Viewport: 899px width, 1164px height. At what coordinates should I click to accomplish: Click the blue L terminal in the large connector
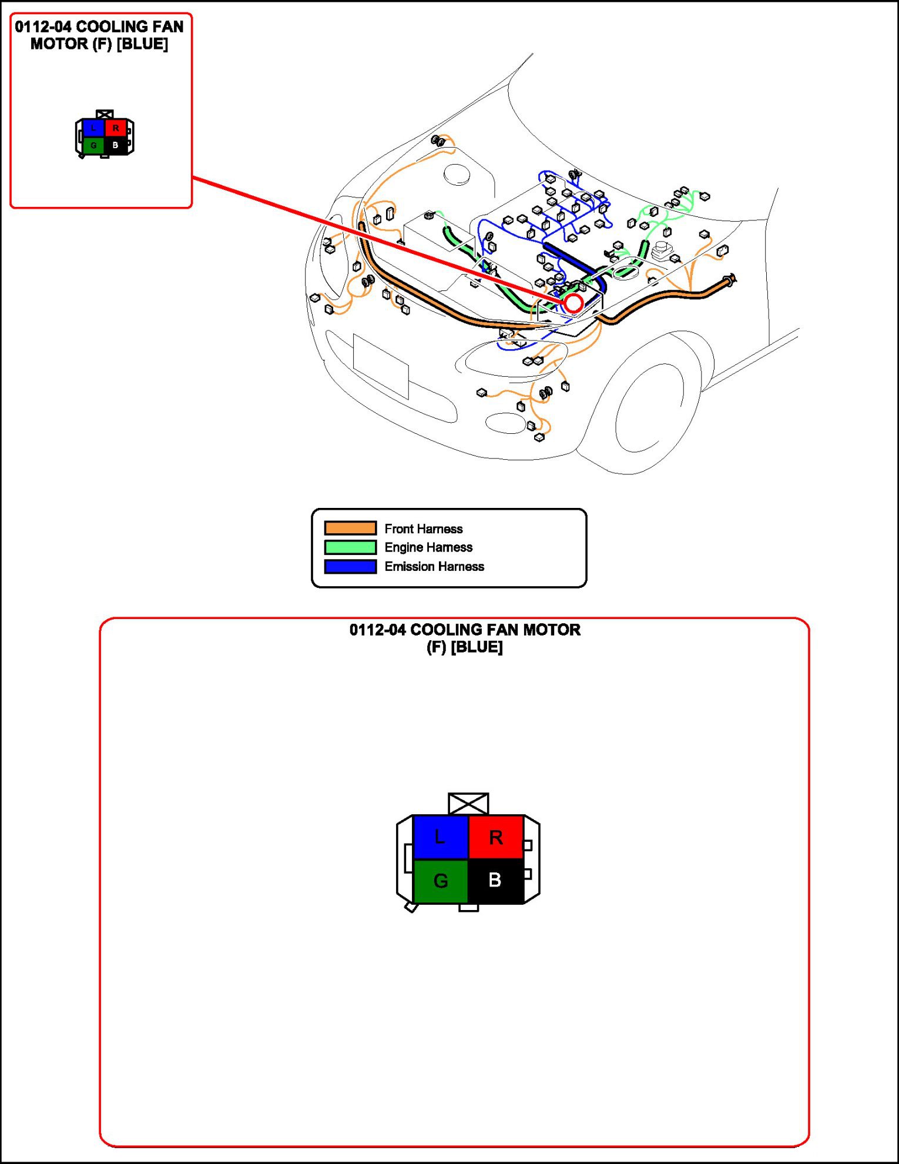pyautogui.click(x=441, y=837)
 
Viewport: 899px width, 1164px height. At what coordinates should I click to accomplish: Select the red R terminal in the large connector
pyautogui.click(x=496, y=837)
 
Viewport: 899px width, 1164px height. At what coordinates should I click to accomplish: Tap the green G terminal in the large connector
pyautogui.click(x=441, y=881)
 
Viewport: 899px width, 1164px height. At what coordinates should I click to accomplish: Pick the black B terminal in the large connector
pyautogui.click(x=495, y=881)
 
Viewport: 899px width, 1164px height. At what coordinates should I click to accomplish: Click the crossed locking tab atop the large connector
pyautogui.click(x=468, y=803)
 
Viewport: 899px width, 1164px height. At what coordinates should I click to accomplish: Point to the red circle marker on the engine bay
pyautogui.click(x=573, y=303)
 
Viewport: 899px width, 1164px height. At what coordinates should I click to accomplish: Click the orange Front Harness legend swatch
pyautogui.click(x=350, y=528)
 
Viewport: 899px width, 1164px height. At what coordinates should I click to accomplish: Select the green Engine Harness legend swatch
pyautogui.click(x=350, y=547)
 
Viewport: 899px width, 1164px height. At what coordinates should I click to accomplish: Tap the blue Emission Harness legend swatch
pyautogui.click(x=350, y=567)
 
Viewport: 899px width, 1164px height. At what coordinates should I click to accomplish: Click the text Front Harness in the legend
pyautogui.click(x=424, y=529)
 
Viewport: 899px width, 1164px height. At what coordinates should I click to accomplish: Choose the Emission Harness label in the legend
pyautogui.click(x=434, y=567)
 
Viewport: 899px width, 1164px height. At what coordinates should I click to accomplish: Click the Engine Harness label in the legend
pyautogui.click(x=428, y=547)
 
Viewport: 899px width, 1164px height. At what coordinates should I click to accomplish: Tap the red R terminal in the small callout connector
pyautogui.click(x=116, y=128)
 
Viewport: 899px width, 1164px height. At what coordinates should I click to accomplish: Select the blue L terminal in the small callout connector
pyautogui.click(x=93, y=128)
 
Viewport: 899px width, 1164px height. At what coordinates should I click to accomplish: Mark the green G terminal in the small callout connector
pyautogui.click(x=93, y=145)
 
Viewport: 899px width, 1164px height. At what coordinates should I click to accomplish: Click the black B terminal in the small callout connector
pyautogui.click(x=115, y=145)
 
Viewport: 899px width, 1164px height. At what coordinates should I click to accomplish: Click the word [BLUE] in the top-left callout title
pyautogui.click(x=142, y=44)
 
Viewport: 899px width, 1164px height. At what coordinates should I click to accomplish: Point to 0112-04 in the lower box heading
pyautogui.click(x=377, y=630)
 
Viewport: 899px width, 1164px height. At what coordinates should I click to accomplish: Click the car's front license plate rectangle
pyautogui.click(x=381, y=366)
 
